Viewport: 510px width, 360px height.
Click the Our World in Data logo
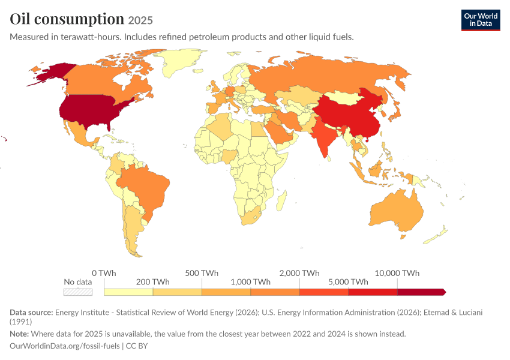point(481,20)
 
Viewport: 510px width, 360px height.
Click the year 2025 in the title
point(140,20)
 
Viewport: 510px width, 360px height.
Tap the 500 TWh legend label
point(202,273)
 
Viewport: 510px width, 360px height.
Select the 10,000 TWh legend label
point(397,273)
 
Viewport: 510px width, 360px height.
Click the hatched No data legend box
point(78,292)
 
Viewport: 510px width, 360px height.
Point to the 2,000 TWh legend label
point(299,273)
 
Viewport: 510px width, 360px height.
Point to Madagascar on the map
point(281,200)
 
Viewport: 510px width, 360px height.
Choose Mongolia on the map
point(343,97)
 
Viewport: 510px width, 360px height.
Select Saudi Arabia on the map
point(280,134)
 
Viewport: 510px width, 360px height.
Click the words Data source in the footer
point(31,313)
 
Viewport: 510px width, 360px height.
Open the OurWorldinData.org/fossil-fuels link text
point(65,346)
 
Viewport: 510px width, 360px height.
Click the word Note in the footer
point(19,334)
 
